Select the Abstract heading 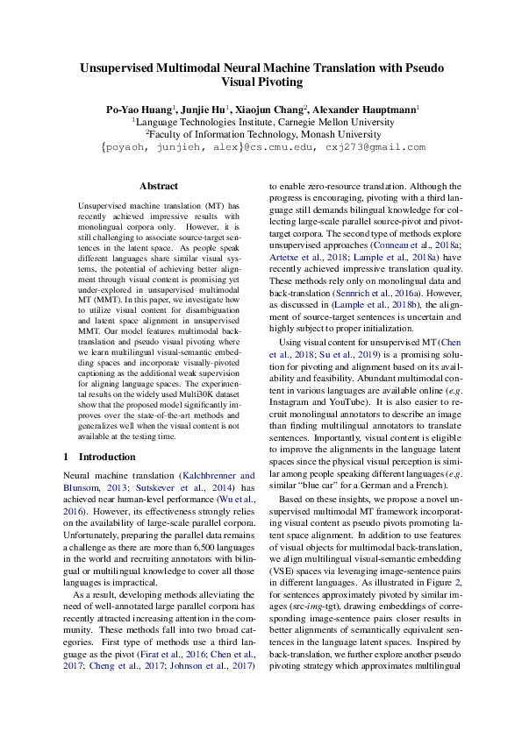tap(159, 187)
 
